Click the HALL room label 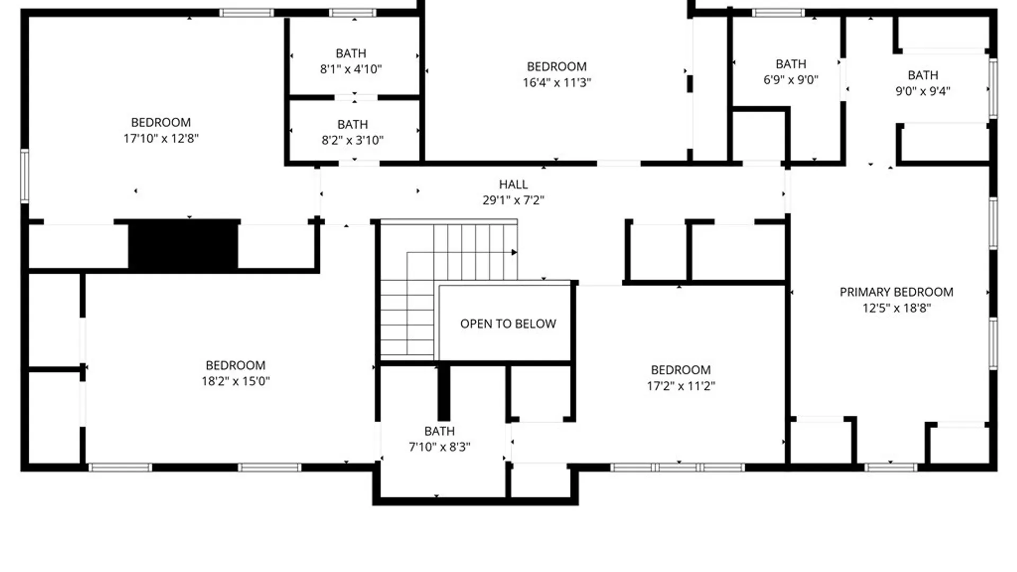tap(513, 184)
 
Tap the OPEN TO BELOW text tap(508, 324)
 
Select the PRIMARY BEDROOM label tap(896, 292)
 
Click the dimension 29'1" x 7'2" tap(513, 200)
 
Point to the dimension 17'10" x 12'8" tap(161, 138)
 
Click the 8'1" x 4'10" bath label tap(351, 69)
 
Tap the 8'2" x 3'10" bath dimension tap(352, 140)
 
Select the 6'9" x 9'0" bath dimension tap(790, 80)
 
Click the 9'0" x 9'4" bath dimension tap(923, 91)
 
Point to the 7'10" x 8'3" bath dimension tap(439, 447)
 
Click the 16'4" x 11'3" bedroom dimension tap(557, 83)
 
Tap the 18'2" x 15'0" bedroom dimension tap(235, 381)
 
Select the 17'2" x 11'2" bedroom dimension tap(681, 386)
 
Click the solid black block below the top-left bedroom tap(183, 245)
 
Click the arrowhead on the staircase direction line tap(514, 252)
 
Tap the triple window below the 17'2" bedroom tap(677, 467)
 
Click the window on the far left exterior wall tap(24, 176)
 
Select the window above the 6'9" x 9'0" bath tap(778, 13)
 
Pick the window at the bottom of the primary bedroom tap(890, 467)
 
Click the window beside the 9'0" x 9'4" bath tap(993, 88)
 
